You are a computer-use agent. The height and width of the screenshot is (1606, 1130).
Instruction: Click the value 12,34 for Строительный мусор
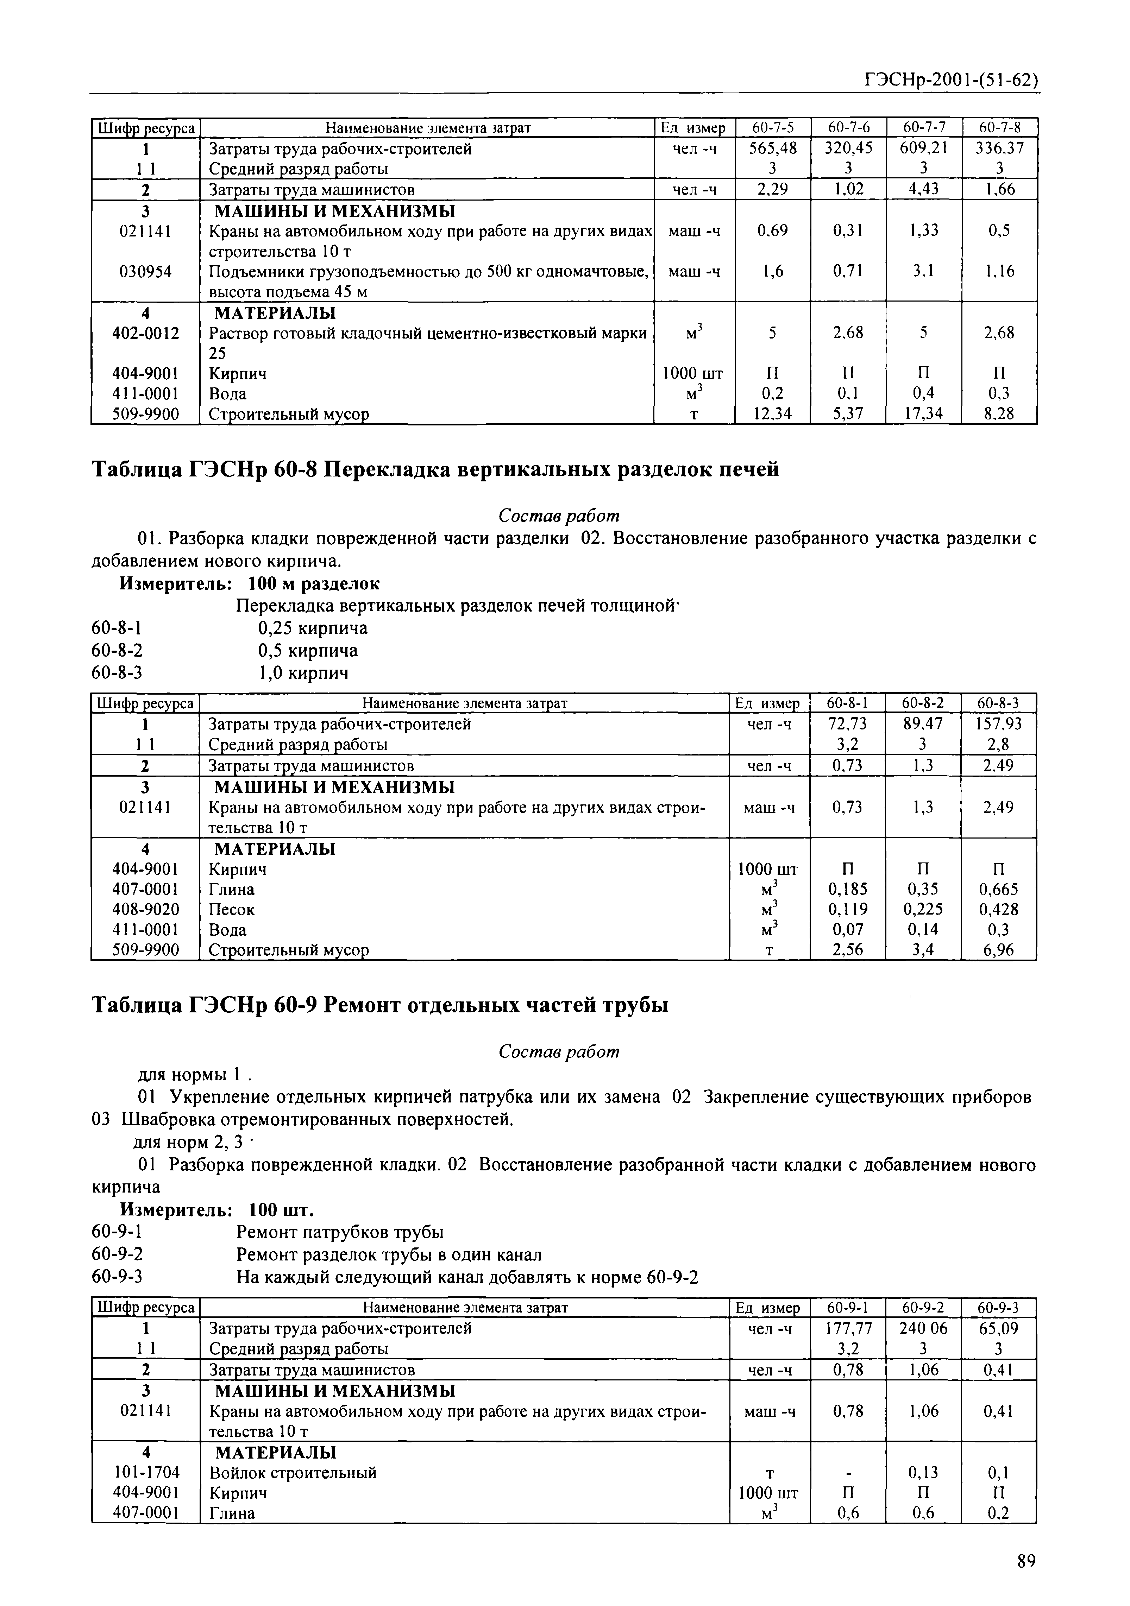[772, 414]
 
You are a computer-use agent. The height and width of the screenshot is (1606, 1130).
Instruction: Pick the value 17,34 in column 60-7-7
[924, 414]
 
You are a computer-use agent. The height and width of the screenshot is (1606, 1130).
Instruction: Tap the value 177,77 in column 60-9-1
[847, 1328]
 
